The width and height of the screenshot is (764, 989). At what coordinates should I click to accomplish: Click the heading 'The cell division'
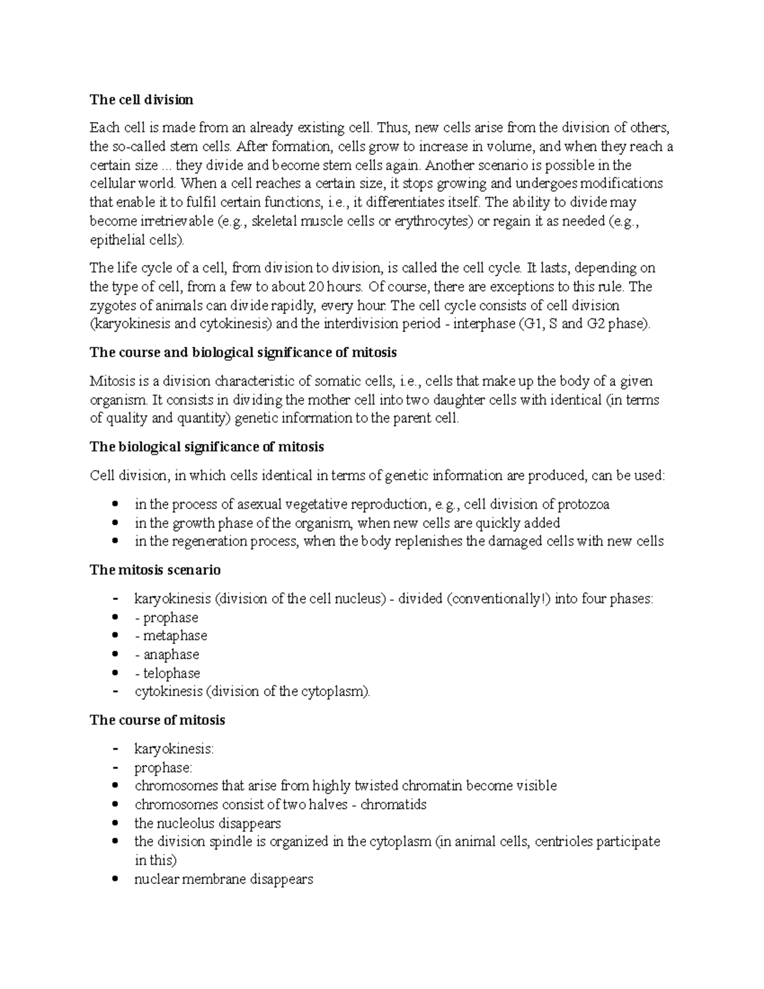tap(141, 100)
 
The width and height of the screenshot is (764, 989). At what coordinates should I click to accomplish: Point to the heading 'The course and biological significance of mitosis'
tap(243, 353)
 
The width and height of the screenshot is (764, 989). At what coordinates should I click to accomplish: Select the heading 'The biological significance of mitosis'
tap(207, 447)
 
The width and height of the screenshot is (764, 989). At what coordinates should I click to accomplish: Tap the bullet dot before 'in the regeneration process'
tap(115, 541)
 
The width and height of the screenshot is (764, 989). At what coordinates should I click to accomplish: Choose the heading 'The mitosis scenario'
tap(155, 570)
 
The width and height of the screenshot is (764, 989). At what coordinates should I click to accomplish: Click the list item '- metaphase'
tap(171, 636)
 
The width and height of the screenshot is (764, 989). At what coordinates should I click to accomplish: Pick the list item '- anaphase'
tap(167, 655)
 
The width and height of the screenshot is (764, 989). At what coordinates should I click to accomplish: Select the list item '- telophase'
tap(167, 673)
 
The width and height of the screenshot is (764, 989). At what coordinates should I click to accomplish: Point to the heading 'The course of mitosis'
tap(157, 720)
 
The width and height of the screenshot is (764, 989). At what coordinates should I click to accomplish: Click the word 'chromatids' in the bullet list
tap(393, 804)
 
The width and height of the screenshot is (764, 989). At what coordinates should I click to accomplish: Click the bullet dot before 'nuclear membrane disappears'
tap(115, 879)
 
